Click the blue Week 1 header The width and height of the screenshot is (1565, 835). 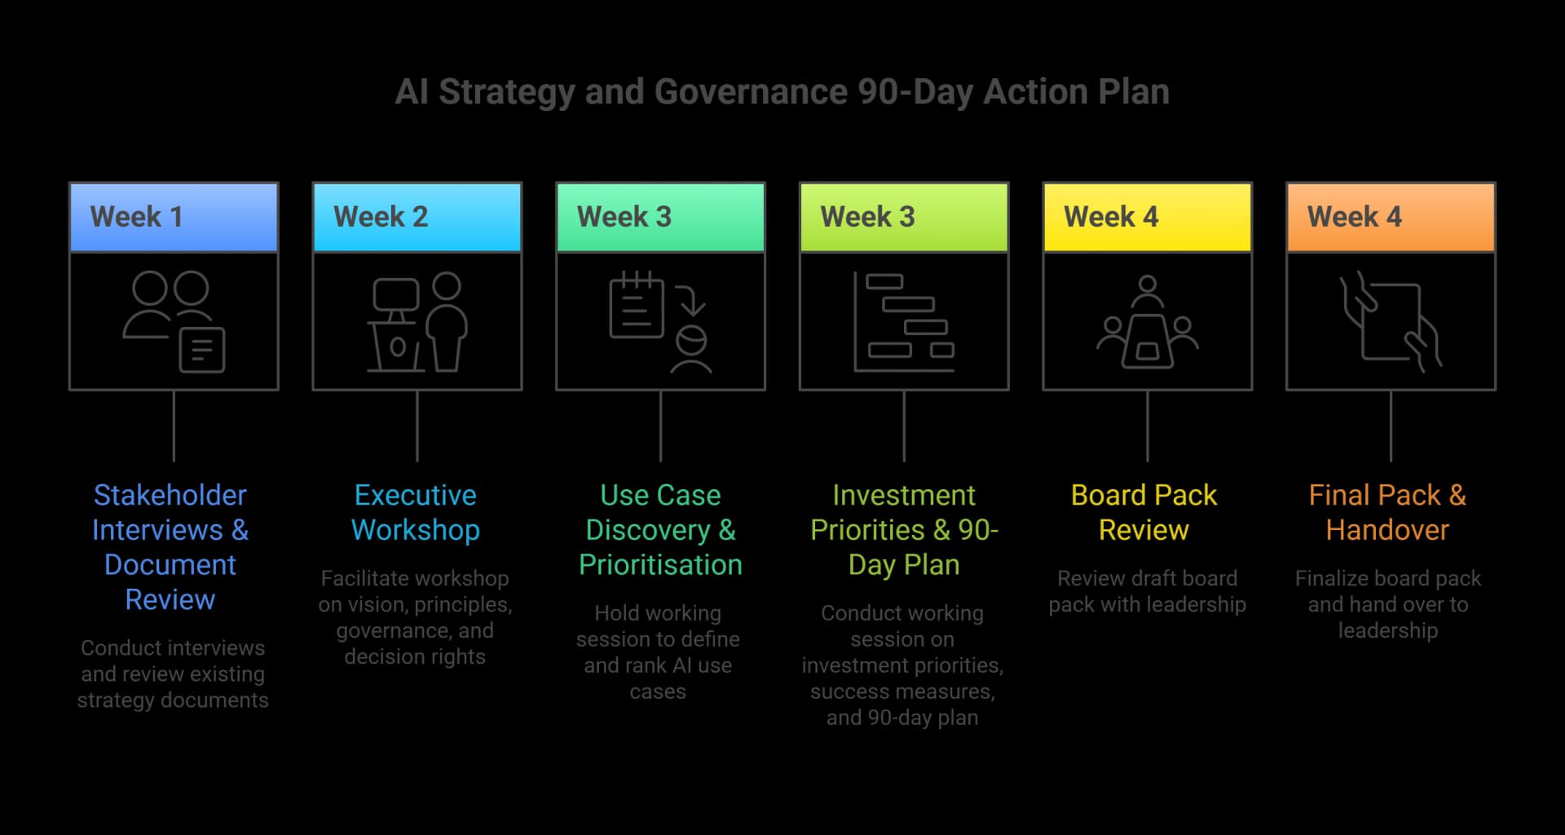[x=174, y=217]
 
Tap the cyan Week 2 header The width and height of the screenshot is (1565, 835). [x=417, y=217]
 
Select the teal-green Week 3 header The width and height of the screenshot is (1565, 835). [x=660, y=217]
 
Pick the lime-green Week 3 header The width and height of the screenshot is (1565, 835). [x=904, y=217]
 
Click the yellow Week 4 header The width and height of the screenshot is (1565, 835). [x=1147, y=217]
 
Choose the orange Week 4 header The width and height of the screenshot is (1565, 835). [x=1391, y=217]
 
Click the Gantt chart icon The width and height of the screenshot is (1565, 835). [x=904, y=322]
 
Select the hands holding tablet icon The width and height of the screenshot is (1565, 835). [x=1391, y=322]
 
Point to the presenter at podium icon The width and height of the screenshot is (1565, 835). [x=417, y=322]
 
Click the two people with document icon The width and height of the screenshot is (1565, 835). [x=174, y=322]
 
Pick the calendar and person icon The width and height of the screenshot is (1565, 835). [x=660, y=322]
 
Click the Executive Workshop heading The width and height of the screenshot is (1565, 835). [x=415, y=512]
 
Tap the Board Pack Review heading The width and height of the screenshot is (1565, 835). [x=1144, y=512]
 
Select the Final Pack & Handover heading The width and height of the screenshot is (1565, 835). [x=1387, y=512]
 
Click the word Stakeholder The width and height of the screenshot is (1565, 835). [x=170, y=495]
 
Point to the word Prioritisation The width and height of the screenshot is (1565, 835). [x=660, y=564]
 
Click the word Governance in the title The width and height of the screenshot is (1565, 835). [x=750, y=92]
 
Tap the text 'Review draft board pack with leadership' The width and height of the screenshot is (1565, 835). [x=1147, y=591]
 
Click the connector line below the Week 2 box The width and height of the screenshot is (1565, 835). [x=417, y=426]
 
